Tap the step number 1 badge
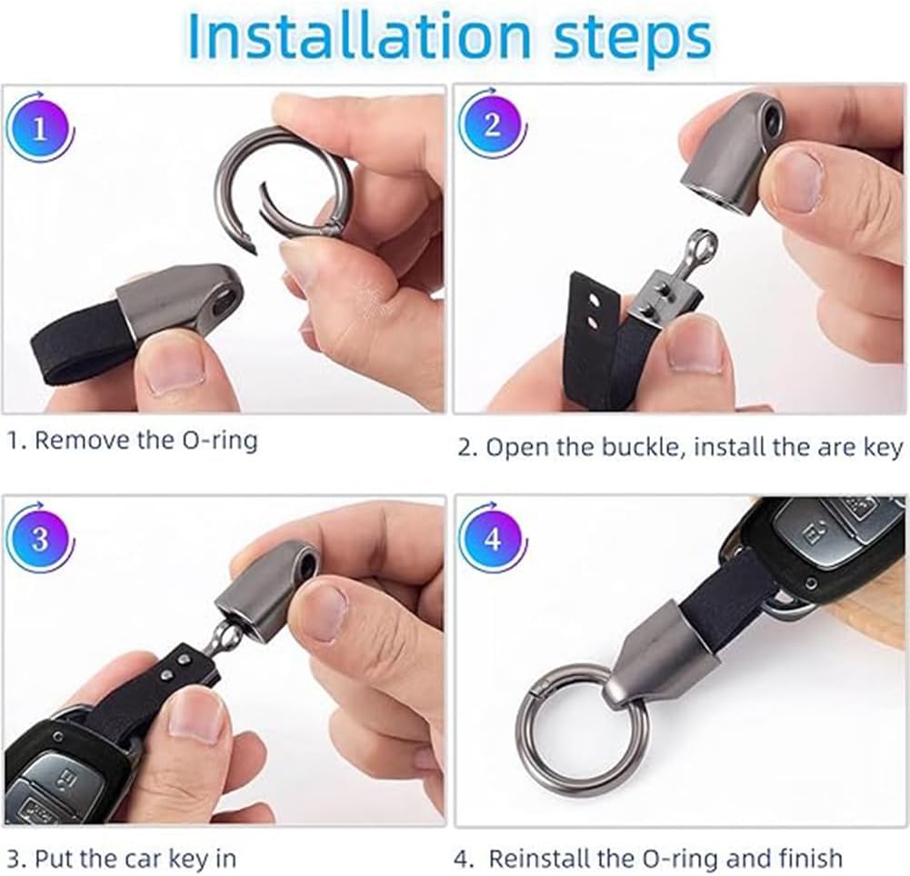pyautogui.click(x=39, y=127)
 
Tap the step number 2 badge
pyautogui.click(x=492, y=124)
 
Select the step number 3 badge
pyautogui.click(x=39, y=539)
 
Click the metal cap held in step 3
pyautogui.click(x=268, y=589)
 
